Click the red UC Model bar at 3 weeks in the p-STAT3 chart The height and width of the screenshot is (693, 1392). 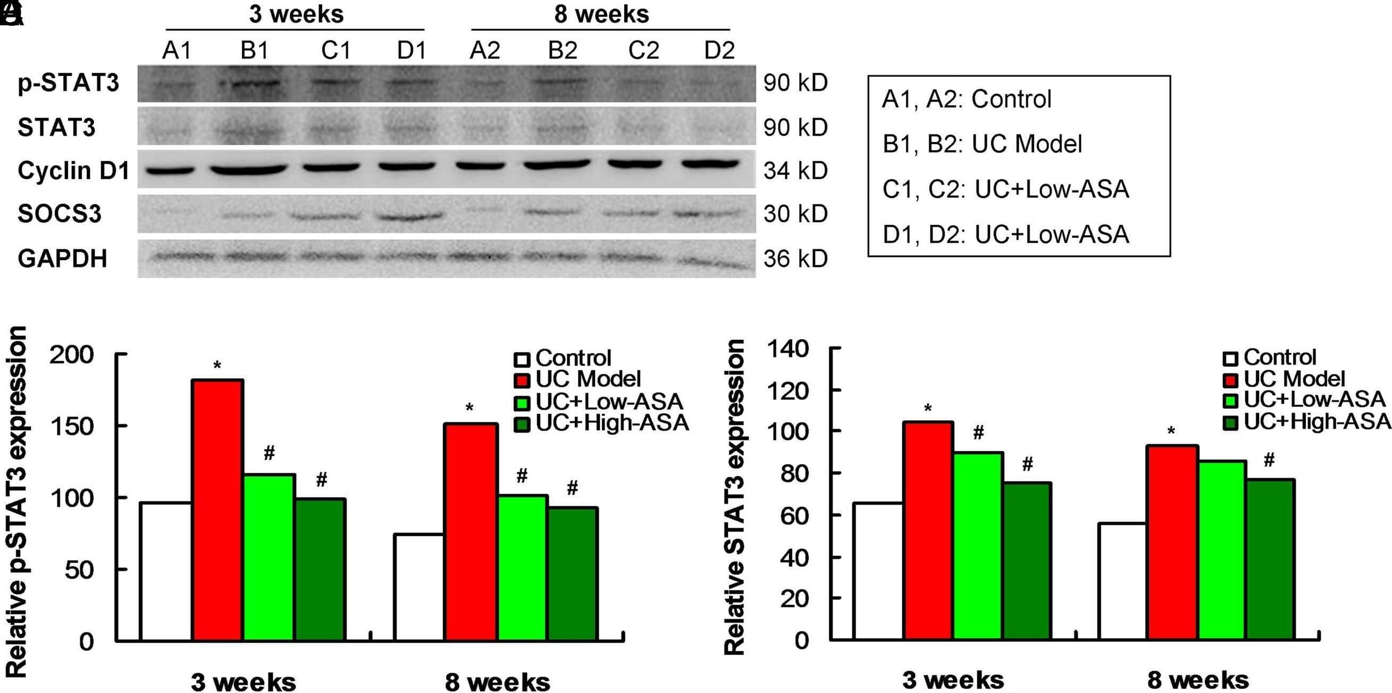[x=219, y=510]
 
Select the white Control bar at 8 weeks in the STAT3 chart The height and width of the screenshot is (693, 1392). [x=1122, y=582]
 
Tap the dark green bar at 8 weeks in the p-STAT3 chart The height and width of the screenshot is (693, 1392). [x=572, y=574]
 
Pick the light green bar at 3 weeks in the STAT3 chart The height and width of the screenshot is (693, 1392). [x=978, y=546]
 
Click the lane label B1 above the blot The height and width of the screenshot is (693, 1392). [x=255, y=51]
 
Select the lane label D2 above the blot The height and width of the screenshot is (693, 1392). [x=719, y=51]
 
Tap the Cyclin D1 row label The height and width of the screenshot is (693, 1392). [x=73, y=171]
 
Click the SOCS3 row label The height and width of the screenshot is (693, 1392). [x=60, y=214]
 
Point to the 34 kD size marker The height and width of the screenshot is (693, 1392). [x=795, y=171]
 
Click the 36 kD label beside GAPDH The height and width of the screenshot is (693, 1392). [x=795, y=259]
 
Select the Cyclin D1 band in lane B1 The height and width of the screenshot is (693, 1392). [x=249, y=170]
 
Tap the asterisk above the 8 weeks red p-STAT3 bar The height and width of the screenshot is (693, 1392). [x=469, y=407]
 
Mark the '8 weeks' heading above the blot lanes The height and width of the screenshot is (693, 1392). [x=601, y=14]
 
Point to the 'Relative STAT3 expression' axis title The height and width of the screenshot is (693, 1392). [x=734, y=497]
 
